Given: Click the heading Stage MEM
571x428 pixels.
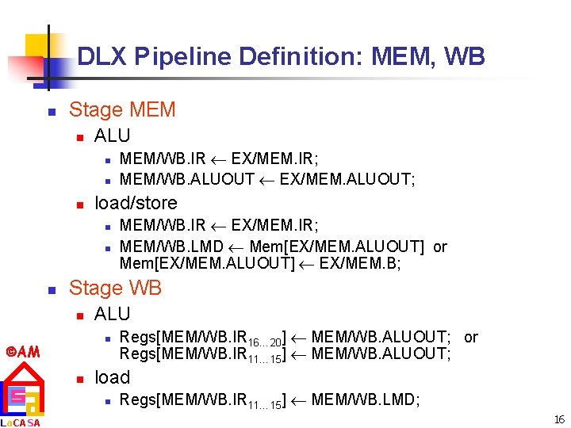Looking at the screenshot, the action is pos(122,109).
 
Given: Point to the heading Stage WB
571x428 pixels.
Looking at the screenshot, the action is pos(115,288).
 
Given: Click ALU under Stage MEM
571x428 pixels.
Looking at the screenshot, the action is pos(112,136).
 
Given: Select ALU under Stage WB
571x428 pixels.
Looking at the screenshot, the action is pos(112,314).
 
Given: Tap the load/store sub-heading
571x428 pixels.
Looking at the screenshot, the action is pos(136,203).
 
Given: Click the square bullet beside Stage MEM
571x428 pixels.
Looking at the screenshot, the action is pos(50,111).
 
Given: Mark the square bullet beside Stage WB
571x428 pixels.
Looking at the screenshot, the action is pos(50,289).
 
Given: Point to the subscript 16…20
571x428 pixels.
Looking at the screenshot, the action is pos(265,342).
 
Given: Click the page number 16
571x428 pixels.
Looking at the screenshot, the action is pos(559,419).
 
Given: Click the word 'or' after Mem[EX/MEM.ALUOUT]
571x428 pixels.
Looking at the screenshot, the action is pos(439,246).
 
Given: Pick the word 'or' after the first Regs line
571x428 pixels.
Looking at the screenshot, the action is pos(471,337).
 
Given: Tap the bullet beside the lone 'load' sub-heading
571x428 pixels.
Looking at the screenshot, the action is pos(79,379).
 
